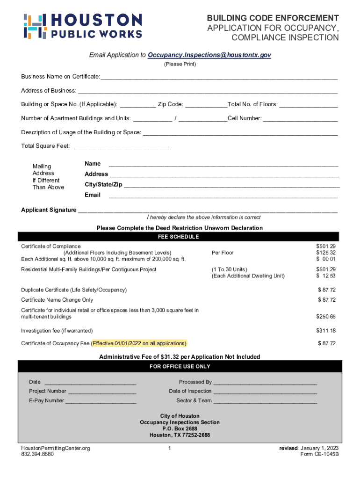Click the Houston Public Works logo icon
[x=34, y=26]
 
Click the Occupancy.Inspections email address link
[x=209, y=55]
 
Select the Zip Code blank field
[x=206, y=105]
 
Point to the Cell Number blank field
[x=300, y=119]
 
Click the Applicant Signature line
[x=208, y=210]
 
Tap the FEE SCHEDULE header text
[x=180, y=237]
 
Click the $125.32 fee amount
[x=326, y=253]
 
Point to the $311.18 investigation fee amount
[x=326, y=331]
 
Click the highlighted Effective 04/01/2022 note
[x=139, y=344]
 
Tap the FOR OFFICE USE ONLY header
[x=180, y=367]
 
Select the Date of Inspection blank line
[x=265, y=392]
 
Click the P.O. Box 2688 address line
[x=180, y=429]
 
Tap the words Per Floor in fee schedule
[x=223, y=253]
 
